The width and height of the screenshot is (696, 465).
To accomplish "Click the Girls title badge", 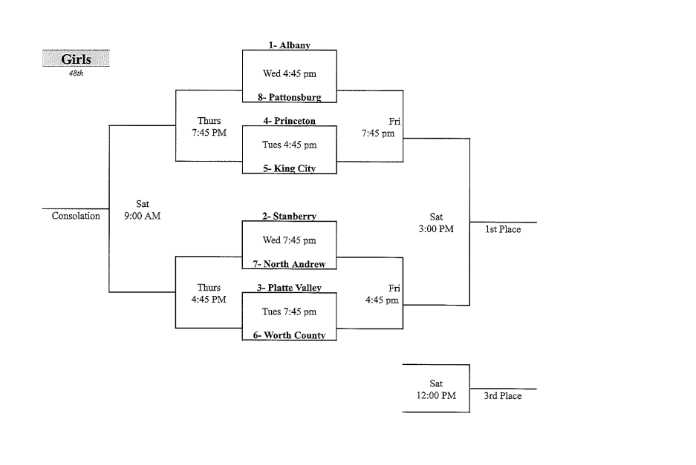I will coord(76,59).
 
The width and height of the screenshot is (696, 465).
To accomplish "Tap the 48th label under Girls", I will coord(76,73).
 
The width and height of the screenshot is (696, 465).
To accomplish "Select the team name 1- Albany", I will coord(289,45).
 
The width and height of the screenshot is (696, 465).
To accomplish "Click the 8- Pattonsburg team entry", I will coord(289,97).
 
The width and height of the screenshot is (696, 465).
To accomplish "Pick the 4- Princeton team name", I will coord(289,121).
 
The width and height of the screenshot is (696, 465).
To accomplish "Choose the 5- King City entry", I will coord(289,168).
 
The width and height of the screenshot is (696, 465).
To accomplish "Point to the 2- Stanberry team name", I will coord(289,217).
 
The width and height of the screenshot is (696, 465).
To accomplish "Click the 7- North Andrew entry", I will coord(289,264).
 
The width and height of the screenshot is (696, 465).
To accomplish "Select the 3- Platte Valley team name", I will coord(289,288).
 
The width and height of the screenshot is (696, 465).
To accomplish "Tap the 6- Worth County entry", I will coord(289,335).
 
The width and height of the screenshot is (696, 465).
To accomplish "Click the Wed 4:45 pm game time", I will coord(289,73).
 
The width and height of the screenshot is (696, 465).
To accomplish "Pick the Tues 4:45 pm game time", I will coord(289,145).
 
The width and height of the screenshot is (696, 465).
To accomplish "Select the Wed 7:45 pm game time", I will coord(289,240).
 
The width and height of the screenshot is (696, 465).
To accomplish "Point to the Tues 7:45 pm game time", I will coord(289,311).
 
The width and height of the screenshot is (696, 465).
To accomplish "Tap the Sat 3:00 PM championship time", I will coord(436,223).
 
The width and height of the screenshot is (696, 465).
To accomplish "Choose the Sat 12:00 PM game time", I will coord(436,389).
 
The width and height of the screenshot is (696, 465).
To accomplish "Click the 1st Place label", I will coord(503,230).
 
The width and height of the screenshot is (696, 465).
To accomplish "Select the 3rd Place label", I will coord(503,396).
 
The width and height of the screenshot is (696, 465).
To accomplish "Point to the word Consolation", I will coord(76,217).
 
